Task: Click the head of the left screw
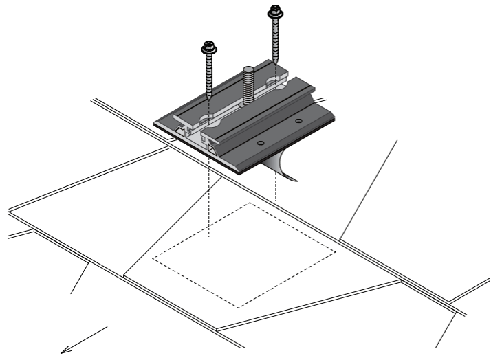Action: click(206, 49)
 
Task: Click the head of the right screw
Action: click(275, 10)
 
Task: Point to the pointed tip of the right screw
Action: click(276, 67)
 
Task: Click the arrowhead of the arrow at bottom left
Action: click(63, 349)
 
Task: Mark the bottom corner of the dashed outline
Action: click(238, 307)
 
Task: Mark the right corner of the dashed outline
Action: click(337, 252)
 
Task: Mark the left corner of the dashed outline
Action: click(152, 260)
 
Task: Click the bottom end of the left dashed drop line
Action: click(208, 238)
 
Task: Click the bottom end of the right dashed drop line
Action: click(276, 201)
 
